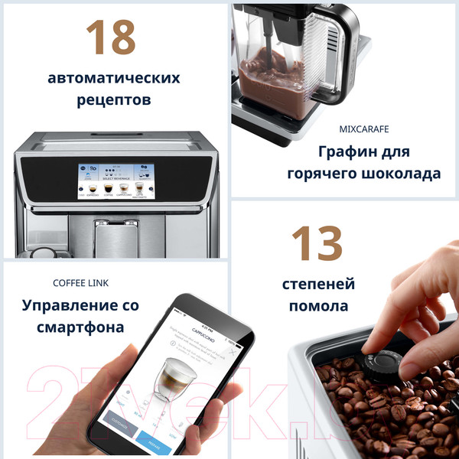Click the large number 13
point(316,244)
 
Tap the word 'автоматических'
point(114,78)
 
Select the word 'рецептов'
point(114,100)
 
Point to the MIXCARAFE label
point(369,129)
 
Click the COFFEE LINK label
point(81,283)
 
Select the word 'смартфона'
point(81,328)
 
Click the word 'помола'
point(315,307)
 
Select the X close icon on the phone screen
point(230,352)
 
